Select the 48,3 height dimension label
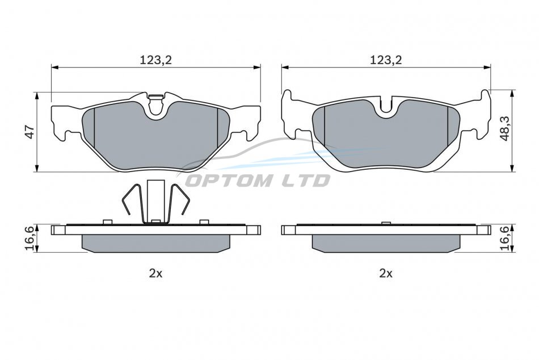pyautogui.click(x=505, y=128)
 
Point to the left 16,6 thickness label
pyautogui.click(x=30, y=238)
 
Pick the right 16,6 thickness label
pyautogui.click(x=504, y=238)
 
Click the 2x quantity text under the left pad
pyautogui.click(x=155, y=273)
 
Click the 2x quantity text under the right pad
pyautogui.click(x=386, y=273)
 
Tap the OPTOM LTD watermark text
pyautogui.click(x=258, y=180)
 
